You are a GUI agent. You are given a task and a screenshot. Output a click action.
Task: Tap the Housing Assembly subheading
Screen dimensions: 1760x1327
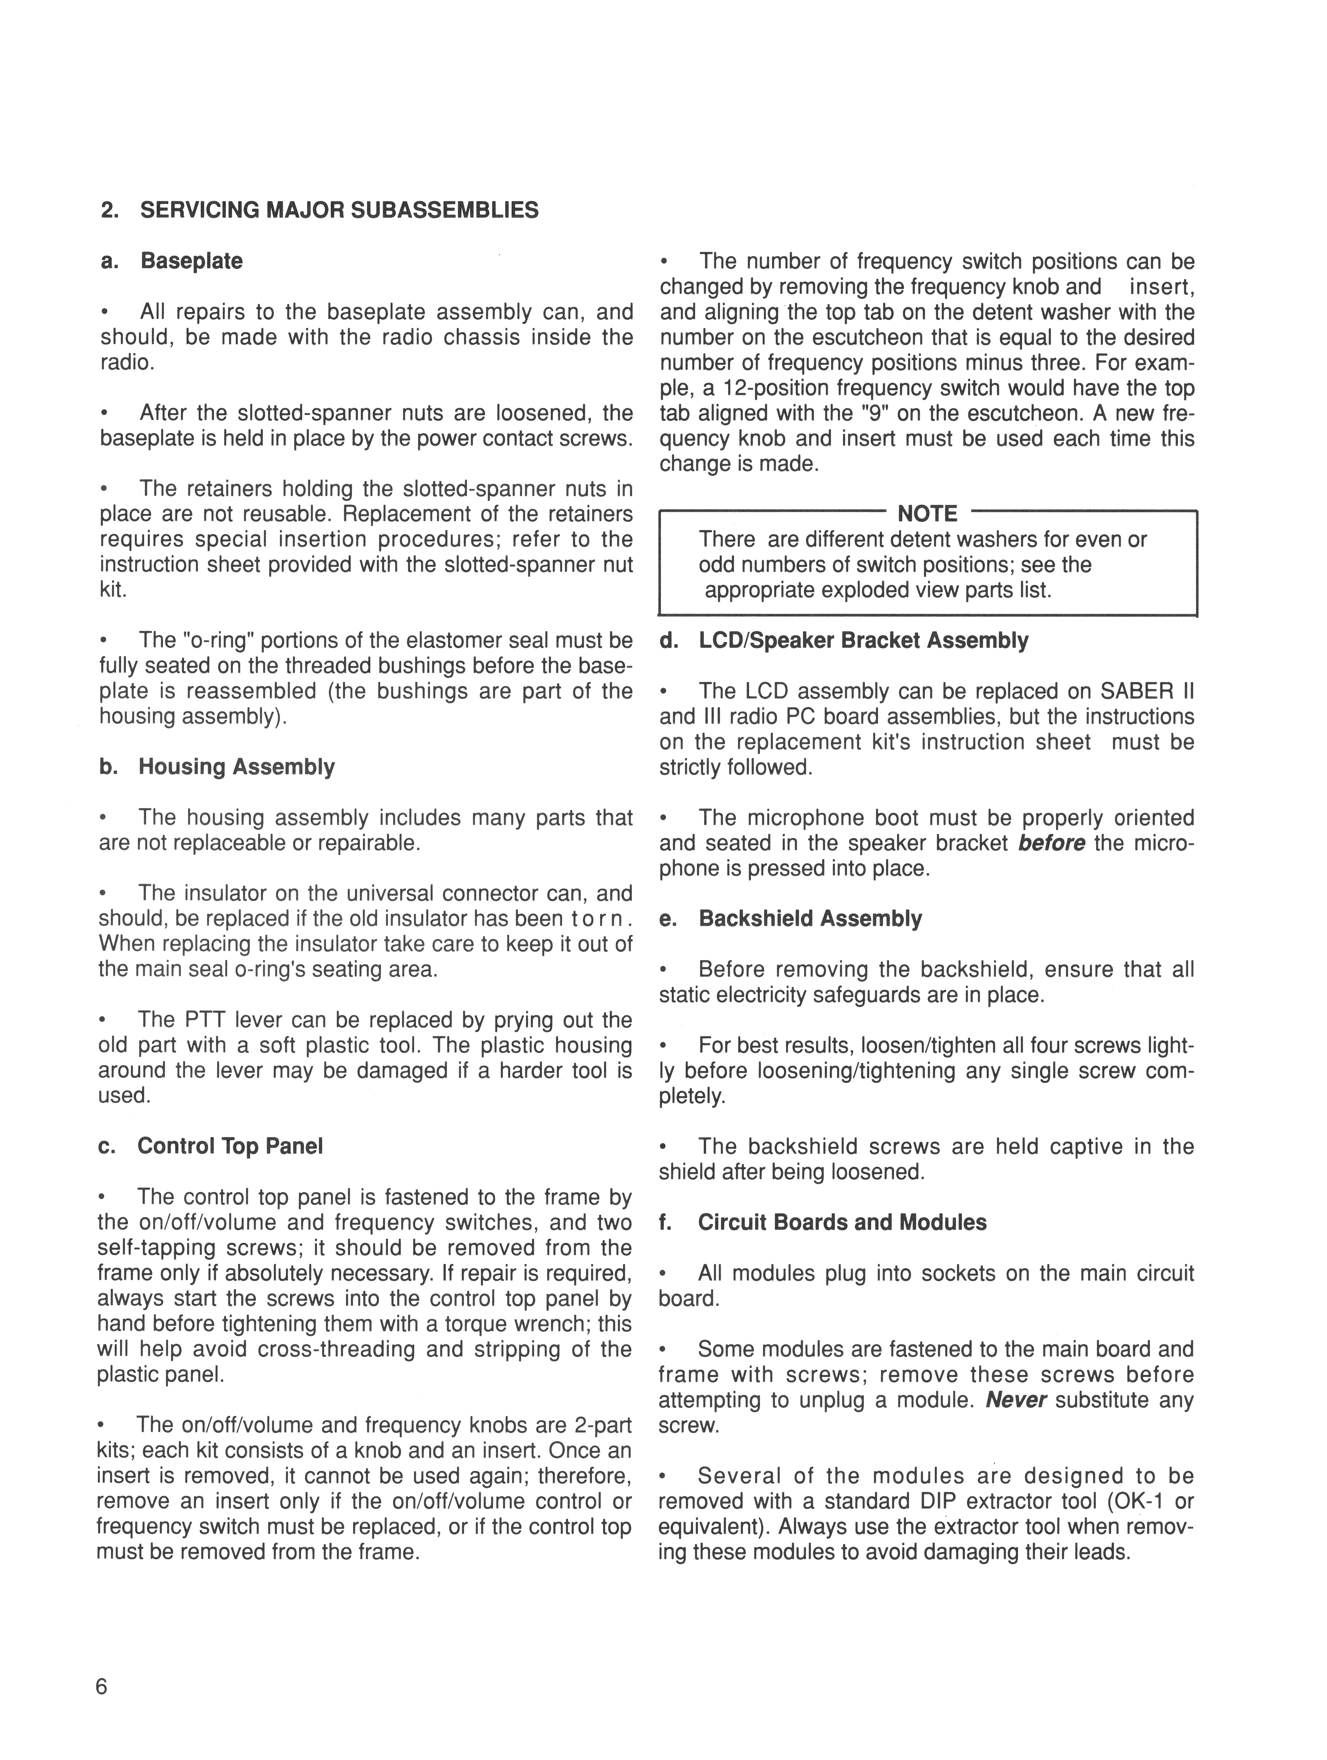point(236,767)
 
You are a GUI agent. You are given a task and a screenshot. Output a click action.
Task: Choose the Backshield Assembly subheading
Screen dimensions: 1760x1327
point(810,919)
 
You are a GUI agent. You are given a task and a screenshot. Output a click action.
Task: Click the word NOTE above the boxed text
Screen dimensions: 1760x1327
point(928,514)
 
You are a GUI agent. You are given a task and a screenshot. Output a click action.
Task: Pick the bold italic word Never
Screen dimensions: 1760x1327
point(1016,1400)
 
